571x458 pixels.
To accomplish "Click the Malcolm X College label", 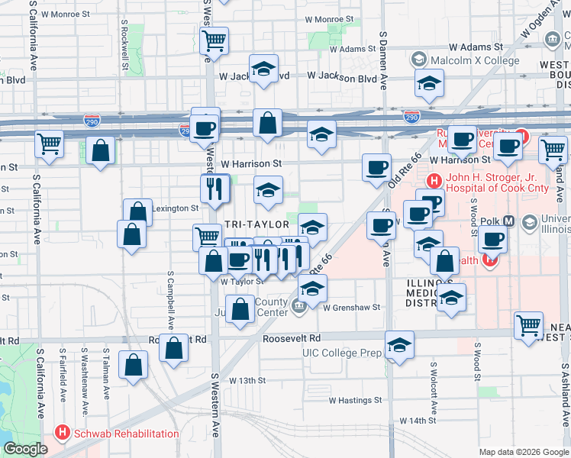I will [464, 59].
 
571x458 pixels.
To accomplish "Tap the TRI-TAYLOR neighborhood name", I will [256, 224].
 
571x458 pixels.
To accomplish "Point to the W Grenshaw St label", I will [350, 308].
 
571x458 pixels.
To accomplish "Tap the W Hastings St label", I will [355, 400].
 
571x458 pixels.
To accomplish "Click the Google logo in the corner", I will [25, 449].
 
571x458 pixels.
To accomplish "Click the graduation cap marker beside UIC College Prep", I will [399, 345].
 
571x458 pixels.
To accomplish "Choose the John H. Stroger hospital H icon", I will [434, 182].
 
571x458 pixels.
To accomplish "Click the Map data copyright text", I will [523, 452].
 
